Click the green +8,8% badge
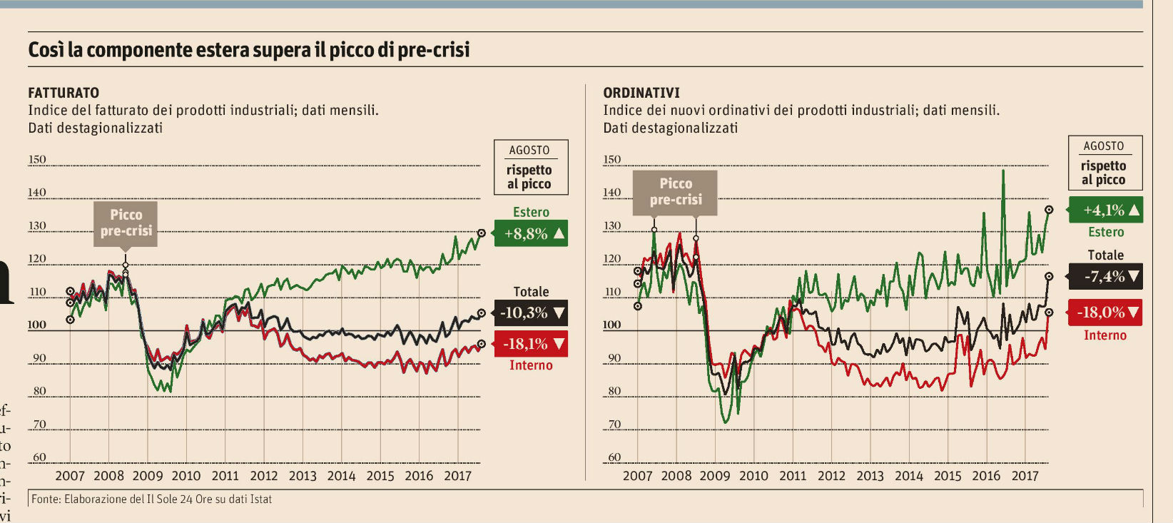click(x=530, y=233)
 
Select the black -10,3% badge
click(x=531, y=313)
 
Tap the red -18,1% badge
click(x=531, y=344)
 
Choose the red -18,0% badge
click(x=1106, y=313)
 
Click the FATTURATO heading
click(x=64, y=93)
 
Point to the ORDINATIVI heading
click(x=641, y=93)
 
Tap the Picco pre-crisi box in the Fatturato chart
click(x=126, y=223)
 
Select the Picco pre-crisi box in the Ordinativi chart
click(x=675, y=192)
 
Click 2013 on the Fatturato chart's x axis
click(x=303, y=476)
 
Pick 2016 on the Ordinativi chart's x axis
click(x=986, y=476)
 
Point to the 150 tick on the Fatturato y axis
click(x=37, y=160)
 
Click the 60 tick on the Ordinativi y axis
click(x=614, y=457)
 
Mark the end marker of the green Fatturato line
click(x=482, y=233)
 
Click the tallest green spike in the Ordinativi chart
click(x=1003, y=171)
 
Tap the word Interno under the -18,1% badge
click(x=531, y=365)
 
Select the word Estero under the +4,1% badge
click(x=1106, y=232)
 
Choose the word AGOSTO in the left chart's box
click(x=529, y=151)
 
